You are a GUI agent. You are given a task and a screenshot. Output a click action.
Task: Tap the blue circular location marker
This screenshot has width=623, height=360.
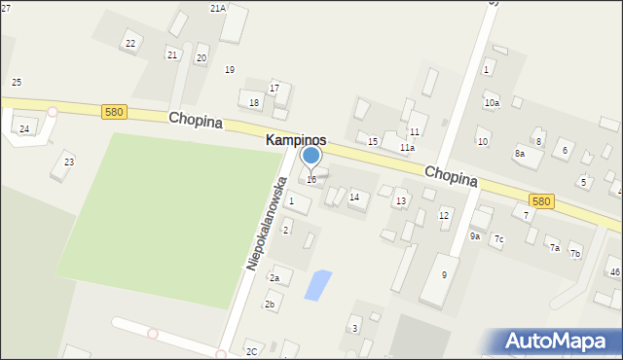coord(311,156)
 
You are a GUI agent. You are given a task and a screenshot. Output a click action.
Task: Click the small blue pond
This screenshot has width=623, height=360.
coord(317,285)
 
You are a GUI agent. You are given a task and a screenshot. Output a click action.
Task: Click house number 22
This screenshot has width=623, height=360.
coord(130,44)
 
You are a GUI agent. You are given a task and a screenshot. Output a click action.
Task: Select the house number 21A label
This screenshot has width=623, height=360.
coord(217,8)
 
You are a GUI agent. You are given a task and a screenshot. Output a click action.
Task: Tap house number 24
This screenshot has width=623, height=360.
coord(24,128)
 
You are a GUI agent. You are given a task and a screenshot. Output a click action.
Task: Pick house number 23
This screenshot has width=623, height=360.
coord(68,162)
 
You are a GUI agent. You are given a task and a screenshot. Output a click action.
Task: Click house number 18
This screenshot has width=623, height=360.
coord(254,102)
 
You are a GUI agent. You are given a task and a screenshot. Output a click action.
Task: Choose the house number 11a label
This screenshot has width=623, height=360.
coord(407,148)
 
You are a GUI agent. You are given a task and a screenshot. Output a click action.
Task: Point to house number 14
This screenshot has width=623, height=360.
coord(354,198)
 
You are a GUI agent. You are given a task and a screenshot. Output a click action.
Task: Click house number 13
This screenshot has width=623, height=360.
coord(400,201)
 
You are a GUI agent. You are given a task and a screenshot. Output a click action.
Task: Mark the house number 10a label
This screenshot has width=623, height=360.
coord(492,103)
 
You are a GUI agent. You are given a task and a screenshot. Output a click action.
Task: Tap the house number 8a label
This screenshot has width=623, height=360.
coord(520,154)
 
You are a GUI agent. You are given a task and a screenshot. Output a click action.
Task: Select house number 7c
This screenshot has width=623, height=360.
coord(498,238)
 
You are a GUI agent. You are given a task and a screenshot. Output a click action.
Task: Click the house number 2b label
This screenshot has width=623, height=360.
coord(270,305)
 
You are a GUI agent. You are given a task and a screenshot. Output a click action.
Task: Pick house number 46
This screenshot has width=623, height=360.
coord(614,271)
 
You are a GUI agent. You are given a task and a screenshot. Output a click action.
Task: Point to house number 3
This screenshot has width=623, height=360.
coord(354,329)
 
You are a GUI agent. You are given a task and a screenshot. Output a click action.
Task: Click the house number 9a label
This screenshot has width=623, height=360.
coord(475,235)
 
